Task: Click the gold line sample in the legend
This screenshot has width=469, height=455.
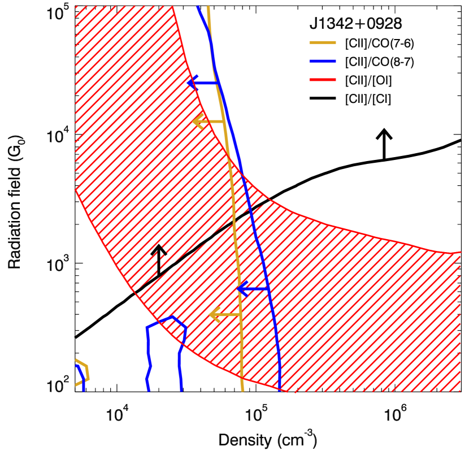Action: (x=323, y=42)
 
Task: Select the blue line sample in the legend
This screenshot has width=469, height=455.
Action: (x=323, y=61)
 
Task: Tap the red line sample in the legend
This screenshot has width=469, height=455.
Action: (x=323, y=80)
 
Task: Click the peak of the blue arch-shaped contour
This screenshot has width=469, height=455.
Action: (x=173, y=317)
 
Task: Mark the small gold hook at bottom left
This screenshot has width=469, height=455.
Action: (x=85, y=371)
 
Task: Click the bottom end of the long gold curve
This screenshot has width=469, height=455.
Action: (x=243, y=390)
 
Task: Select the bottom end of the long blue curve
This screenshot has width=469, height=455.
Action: (x=280, y=389)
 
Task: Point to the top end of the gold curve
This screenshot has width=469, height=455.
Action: (x=209, y=7)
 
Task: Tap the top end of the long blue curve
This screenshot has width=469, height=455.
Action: (x=198, y=7)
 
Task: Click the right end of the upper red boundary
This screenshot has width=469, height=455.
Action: (x=460, y=252)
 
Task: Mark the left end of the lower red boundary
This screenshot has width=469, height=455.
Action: (x=76, y=190)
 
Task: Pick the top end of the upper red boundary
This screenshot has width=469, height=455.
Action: (x=172, y=7)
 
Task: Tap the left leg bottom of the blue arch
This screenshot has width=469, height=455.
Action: (x=149, y=390)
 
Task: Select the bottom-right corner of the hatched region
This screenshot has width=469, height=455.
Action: (x=460, y=391)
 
